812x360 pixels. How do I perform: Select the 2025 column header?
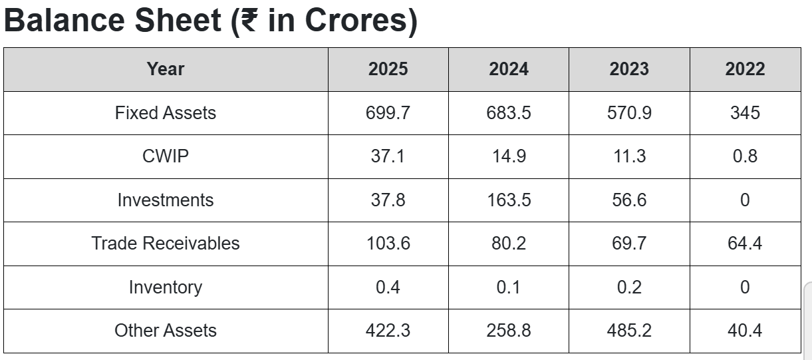tap(388, 69)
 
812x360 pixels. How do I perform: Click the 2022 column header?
tap(745, 69)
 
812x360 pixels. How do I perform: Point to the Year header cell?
tap(166, 69)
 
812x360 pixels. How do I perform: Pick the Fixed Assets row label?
tap(166, 112)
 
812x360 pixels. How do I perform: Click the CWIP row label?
tap(166, 156)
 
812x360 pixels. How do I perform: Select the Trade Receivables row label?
tap(166, 244)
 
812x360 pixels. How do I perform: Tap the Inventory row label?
tap(166, 287)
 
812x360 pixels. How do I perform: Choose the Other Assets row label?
tap(166, 330)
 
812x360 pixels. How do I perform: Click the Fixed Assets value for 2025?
tap(388, 112)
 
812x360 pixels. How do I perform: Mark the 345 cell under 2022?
tap(745, 112)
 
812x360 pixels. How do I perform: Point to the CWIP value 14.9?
tap(509, 156)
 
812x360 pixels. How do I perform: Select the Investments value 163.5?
tap(509, 200)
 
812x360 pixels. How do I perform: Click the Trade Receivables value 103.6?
tap(388, 244)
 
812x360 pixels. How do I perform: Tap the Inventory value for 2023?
tap(629, 287)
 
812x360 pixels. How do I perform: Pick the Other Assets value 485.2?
tap(629, 330)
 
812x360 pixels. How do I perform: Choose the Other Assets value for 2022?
tap(745, 330)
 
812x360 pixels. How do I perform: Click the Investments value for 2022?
tap(745, 200)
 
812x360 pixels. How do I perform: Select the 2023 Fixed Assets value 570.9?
tap(629, 112)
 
